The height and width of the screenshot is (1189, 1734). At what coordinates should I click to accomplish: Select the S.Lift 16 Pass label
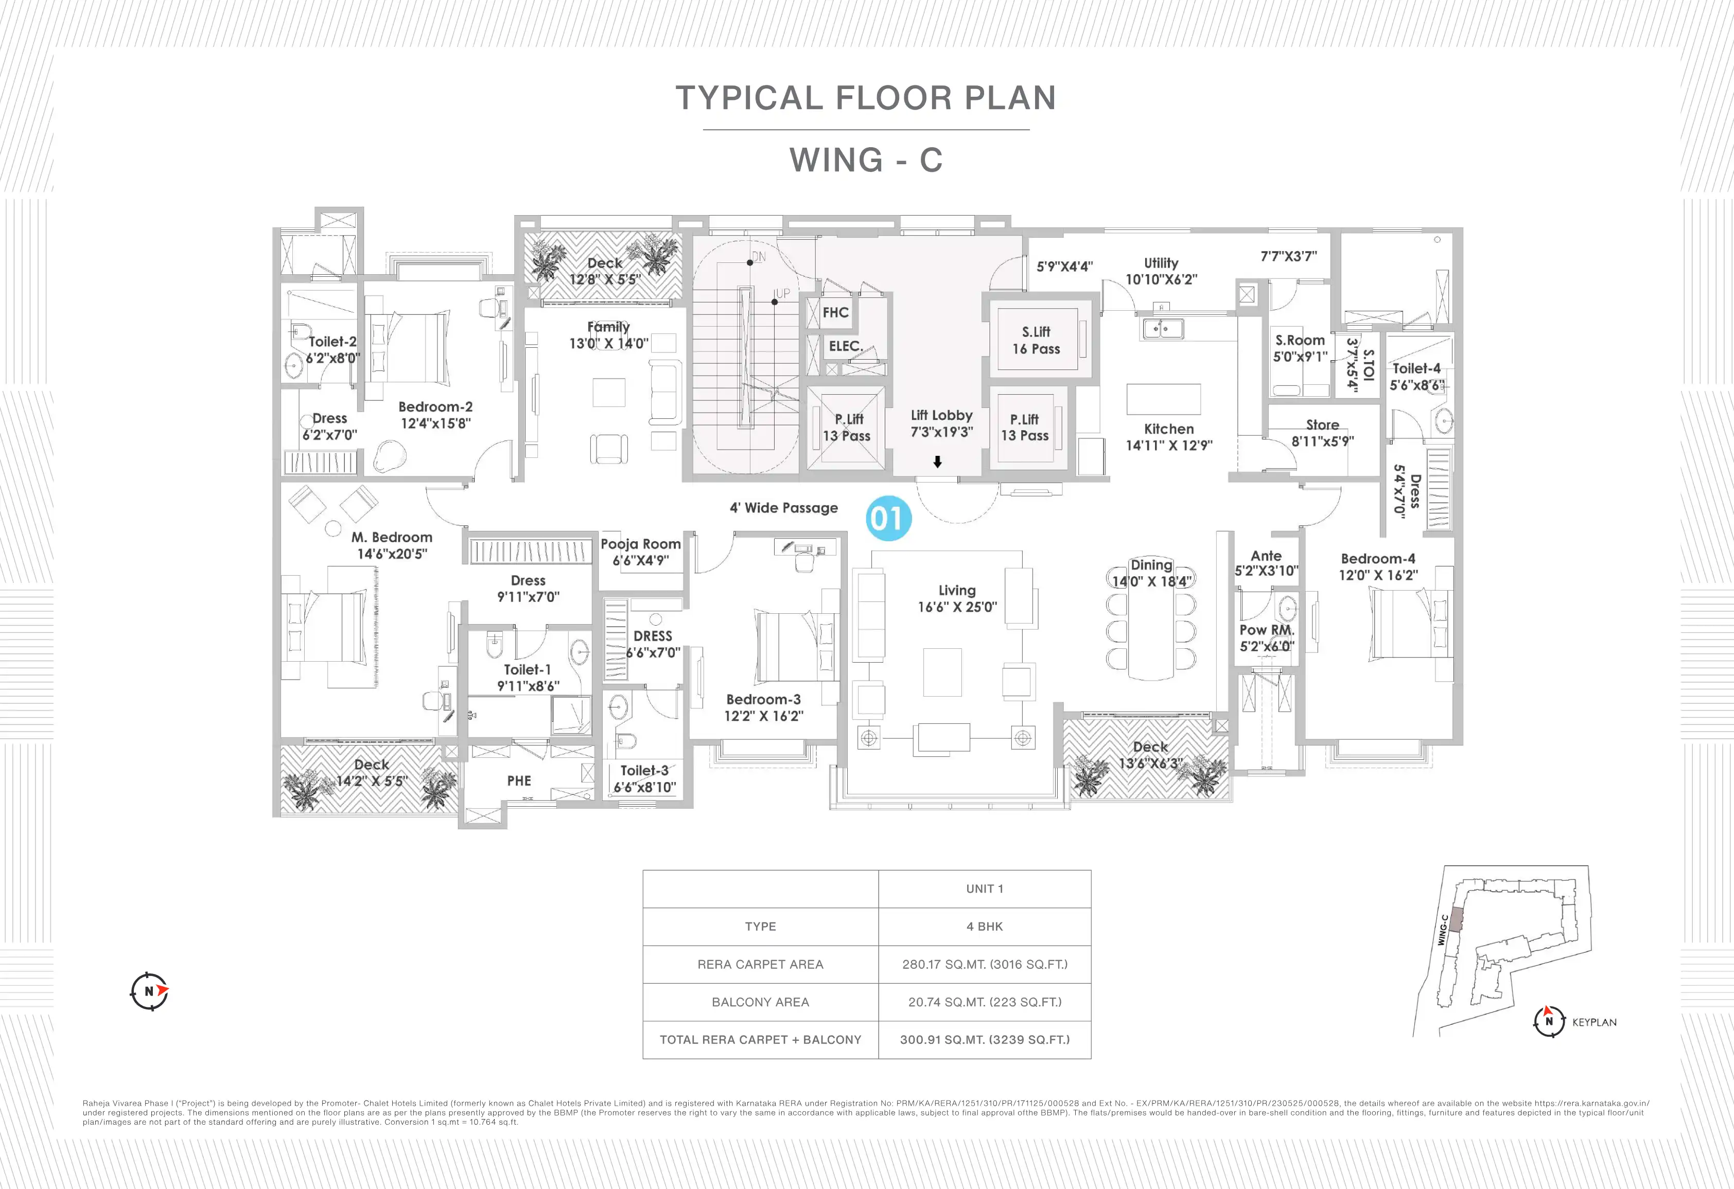pos(1036,340)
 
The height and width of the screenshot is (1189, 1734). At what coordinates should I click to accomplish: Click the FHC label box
pos(835,312)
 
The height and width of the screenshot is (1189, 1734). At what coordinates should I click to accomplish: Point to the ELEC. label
pos(845,346)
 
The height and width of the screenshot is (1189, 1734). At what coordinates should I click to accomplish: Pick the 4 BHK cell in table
pos(984,927)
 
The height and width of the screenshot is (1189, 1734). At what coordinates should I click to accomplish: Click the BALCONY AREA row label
pos(760,1002)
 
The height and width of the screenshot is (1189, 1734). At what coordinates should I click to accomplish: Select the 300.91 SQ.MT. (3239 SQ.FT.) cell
pos(984,1039)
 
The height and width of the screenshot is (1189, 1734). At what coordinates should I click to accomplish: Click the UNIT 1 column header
pos(984,889)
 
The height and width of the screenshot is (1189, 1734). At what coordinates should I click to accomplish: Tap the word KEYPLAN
pos(1593,1022)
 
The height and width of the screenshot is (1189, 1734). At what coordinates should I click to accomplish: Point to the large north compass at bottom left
pos(149,991)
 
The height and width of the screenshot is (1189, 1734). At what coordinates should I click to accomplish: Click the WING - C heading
pos(866,159)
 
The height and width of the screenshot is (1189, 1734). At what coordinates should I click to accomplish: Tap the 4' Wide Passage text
pos(783,508)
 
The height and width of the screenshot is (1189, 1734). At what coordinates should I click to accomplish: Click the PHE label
pos(519,781)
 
